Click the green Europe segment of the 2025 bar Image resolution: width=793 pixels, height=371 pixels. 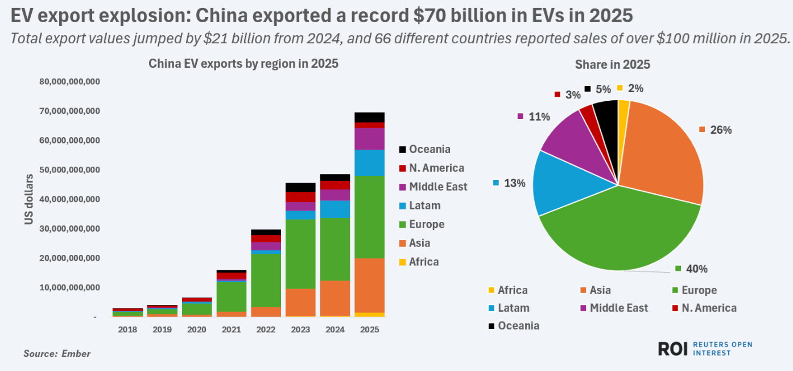pos(369,216)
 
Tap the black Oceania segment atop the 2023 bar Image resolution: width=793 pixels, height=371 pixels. pos(300,187)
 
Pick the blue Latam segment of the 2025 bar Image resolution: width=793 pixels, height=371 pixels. pos(369,163)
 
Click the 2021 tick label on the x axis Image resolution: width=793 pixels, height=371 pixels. pos(230,329)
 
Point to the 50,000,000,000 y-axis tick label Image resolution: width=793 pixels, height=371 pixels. pos(70,170)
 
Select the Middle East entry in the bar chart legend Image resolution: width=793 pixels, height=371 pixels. pos(437,187)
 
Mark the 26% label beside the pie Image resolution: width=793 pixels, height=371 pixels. pos(720,130)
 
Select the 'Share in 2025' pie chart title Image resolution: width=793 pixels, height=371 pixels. pos(612,65)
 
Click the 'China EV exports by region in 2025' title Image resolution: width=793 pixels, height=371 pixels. pos(243,64)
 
